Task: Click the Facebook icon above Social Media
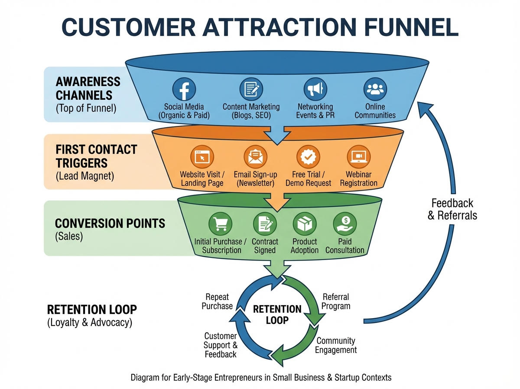coord(184,89)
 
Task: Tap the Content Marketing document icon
coord(251,89)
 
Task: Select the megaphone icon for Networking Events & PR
coord(315,89)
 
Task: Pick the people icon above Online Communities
coord(375,89)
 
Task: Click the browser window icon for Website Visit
coord(202,157)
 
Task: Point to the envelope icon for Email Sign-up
coord(256,157)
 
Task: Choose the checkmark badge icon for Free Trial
coord(308,157)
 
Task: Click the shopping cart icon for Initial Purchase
coord(220,224)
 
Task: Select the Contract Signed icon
coord(265,224)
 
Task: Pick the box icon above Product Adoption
coord(305,224)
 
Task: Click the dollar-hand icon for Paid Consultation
coord(345,224)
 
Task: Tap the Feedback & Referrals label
coord(452,209)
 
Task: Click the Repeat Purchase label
coord(217,301)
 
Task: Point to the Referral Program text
coord(336,301)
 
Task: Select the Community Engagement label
coord(336,345)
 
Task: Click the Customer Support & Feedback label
coord(221,345)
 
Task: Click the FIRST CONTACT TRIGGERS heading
coord(96,157)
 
